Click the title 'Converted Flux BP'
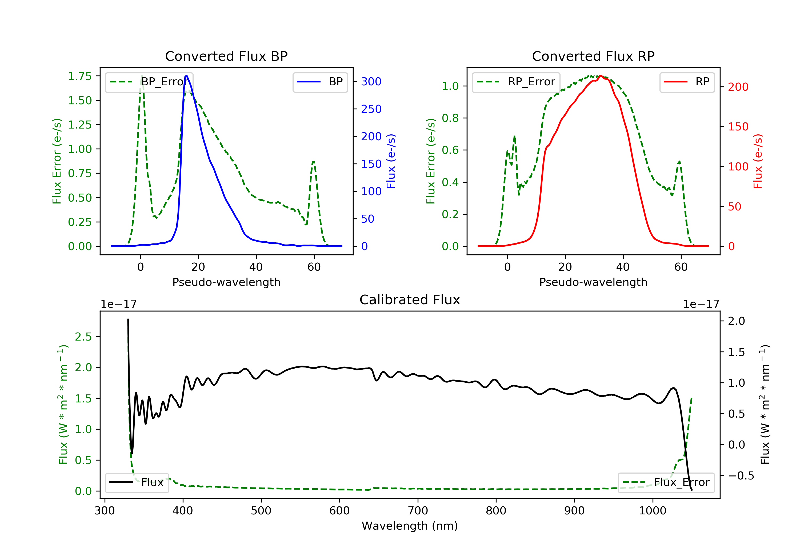coord(226,56)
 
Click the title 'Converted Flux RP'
coord(593,56)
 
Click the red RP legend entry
coord(687,82)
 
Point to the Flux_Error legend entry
coord(666,482)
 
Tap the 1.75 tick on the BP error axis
coord(80,76)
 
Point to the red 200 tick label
coord(738,87)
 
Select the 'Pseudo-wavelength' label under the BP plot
coord(226,282)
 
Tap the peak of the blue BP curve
coord(186,76)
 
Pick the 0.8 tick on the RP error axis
coord(450,118)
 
